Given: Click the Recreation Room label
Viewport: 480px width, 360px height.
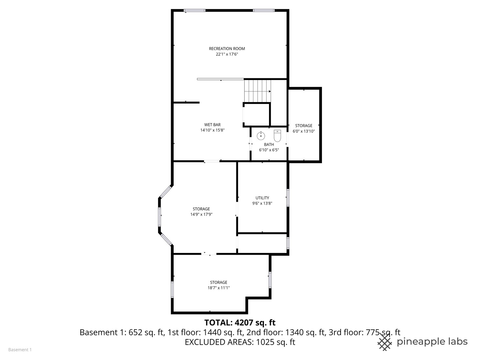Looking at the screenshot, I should tap(227, 49).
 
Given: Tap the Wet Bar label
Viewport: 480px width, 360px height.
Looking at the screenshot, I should tap(212, 125).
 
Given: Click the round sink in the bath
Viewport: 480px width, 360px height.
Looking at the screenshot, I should tap(261, 136).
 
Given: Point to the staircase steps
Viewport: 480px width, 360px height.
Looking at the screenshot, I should tap(257, 91).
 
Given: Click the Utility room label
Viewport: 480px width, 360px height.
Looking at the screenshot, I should tap(262, 198).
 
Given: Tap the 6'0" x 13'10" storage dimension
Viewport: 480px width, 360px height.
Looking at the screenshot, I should tap(304, 131).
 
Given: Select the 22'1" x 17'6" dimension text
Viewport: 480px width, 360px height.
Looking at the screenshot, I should tap(227, 54).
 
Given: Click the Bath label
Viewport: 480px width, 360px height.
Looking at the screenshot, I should tap(269, 145).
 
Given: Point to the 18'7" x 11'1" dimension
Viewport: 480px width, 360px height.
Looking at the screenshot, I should tap(218, 288).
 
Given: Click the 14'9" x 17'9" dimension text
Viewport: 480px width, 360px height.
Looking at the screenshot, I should tap(201, 215).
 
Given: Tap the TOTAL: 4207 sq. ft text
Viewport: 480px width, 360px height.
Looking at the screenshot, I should tap(240, 323).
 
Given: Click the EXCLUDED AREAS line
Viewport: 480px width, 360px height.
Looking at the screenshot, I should tap(240, 342).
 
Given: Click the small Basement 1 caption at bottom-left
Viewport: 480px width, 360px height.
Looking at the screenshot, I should tap(20, 350).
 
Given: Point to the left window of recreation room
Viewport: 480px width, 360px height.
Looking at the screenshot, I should tap(195, 11).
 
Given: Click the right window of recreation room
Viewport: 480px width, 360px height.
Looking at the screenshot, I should tap(264, 11).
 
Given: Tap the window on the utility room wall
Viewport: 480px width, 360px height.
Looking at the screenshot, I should tap(288, 198).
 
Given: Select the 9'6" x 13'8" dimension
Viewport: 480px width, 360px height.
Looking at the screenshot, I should tap(262, 203).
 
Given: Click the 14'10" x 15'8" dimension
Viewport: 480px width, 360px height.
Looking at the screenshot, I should tap(212, 130).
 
